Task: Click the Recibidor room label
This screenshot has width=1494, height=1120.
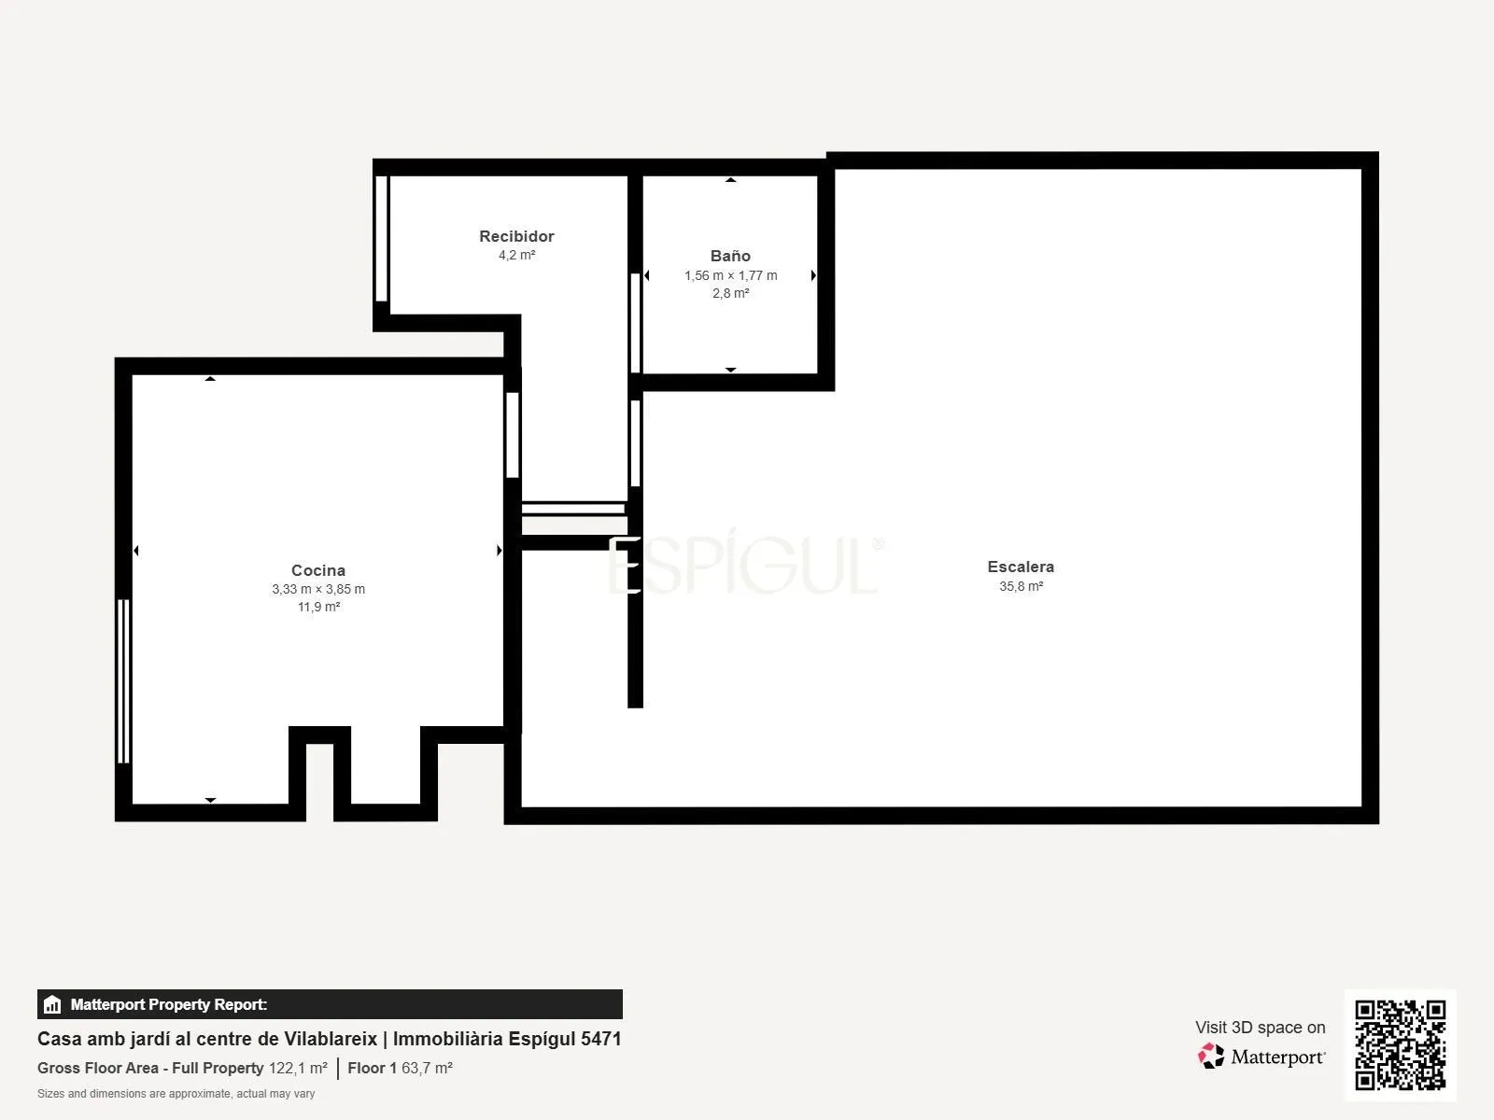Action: pyautogui.click(x=516, y=236)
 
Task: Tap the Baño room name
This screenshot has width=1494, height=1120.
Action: pyautogui.click(x=730, y=256)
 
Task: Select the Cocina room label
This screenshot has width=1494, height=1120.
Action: pyautogui.click(x=317, y=570)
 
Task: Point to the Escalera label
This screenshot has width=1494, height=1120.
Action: pyautogui.click(x=1021, y=567)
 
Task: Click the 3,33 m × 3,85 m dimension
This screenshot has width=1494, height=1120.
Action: pyautogui.click(x=318, y=589)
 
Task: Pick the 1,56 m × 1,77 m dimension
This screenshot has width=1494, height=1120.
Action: pyautogui.click(x=730, y=275)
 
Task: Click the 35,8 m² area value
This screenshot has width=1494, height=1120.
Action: pyautogui.click(x=1021, y=585)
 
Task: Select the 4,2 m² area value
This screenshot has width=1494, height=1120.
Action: pyautogui.click(x=516, y=255)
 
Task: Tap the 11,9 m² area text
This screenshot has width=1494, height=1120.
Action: pyautogui.click(x=318, y=607)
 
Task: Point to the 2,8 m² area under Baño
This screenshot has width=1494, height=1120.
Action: pyautogui.click(x=730, y=293)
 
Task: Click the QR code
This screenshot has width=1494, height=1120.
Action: pyautogui.click(x=1400, y=1044)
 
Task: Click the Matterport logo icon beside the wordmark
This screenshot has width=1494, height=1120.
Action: pyautogui.click(x=1211, y=1057)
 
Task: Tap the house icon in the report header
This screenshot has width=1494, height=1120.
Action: pyautogui.click(x=52, y=1004)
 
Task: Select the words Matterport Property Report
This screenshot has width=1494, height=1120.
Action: pyautogui.click(x=169, y=1004)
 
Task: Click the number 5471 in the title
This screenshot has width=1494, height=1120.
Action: pyautogui.click(x=601, y=1039)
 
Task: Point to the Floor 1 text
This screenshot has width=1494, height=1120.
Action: pyautogui.click(x=372, y=1068)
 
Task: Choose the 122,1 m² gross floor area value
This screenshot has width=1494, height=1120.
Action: pyautogui.click(x=298, y=1068)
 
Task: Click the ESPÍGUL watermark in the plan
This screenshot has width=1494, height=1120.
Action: pyautogui.click(x=745, y=565)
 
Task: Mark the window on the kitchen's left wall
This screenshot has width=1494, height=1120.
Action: pyautogui.click(x=123, y=680)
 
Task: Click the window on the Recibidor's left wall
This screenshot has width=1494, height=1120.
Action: pyautogui.click(x=382, y=238)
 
